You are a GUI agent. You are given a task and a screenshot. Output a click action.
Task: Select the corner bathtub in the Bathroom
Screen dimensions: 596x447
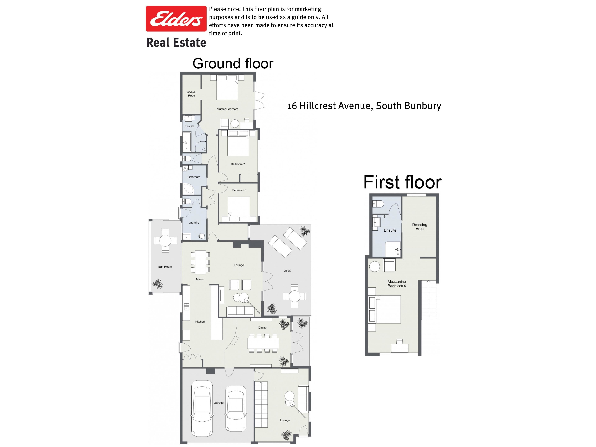[x=188, y=189]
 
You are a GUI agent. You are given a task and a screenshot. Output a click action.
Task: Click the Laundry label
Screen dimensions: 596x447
[x=194, y=223]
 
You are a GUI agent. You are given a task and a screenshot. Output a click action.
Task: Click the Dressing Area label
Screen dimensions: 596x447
[x=420, y=227]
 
